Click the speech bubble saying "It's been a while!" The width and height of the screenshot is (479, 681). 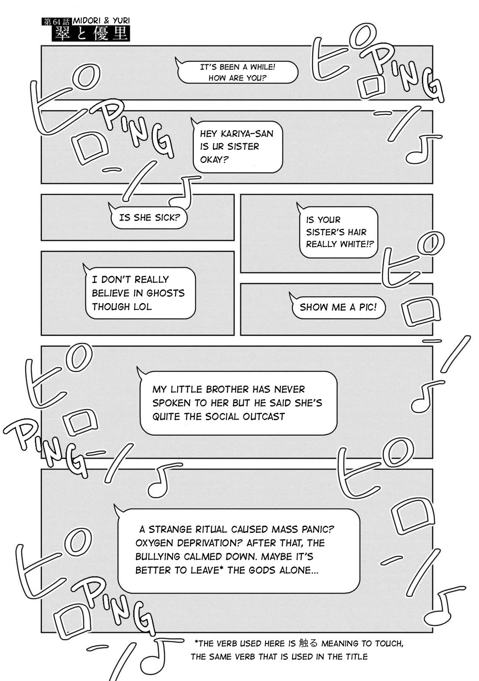pyautogui.click(x=237, y=72)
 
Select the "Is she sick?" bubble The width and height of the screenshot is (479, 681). pyautogui.click(x=149, y=217)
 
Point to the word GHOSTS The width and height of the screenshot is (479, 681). pyautogui.click(x=166, y=293)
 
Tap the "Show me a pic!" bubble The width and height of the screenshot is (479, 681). pyautogui.click(x=337, y=307)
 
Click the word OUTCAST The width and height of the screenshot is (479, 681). pyautogui.click(x=263, y=416)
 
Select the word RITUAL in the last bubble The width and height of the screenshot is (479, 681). pyautogui.click(x=210, y=529)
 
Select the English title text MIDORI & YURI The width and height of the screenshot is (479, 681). pyautogui.click(x=101, y=20)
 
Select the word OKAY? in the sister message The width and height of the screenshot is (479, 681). pyautogui.click(x=214, y=159)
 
